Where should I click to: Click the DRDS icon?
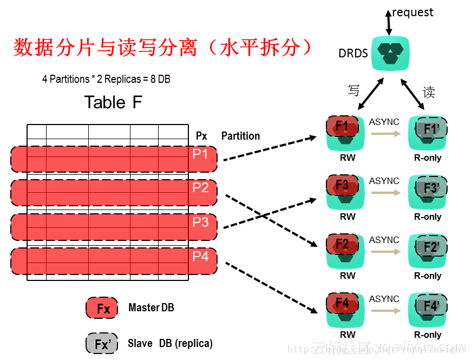(391, 53)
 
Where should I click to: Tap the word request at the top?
(412, 12)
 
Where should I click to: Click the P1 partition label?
(200, 154)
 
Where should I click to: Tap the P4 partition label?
(200, 256)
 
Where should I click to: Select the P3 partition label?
(200, 222)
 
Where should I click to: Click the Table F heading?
(113, 102)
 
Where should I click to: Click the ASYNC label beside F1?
(384, 122)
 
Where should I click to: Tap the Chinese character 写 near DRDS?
(353, 90)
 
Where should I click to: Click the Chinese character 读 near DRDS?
(429, 93)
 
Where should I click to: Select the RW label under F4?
(348, 335)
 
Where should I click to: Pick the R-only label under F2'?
(428, 276)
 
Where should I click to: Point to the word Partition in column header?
(240, 136)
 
